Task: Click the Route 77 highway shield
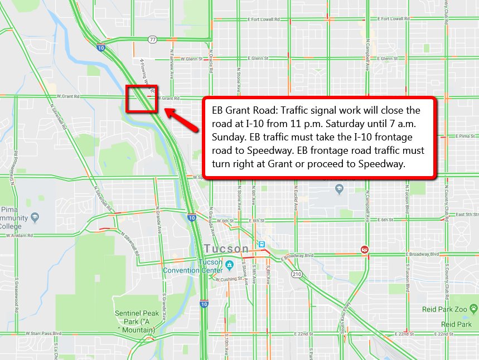(x=152, y=40)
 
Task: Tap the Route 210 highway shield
(x=297, y=274)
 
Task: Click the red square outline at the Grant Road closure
(x=142, y=99)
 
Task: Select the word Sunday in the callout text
(x=229, y=137)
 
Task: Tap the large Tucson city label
(x=226, y=249)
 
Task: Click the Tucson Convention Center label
(x=193, y=266)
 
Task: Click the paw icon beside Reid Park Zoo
(x=473, y=308)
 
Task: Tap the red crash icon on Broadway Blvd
(x=365, y=249)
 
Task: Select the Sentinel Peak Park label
(x=137, y=318)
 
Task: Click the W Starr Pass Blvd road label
(x=42, y=333)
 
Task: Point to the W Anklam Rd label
(x=21, y=236)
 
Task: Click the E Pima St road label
(x=461, y=135)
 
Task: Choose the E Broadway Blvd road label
(x=423, y=254)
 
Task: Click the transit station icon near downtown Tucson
(x=260, y=244)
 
